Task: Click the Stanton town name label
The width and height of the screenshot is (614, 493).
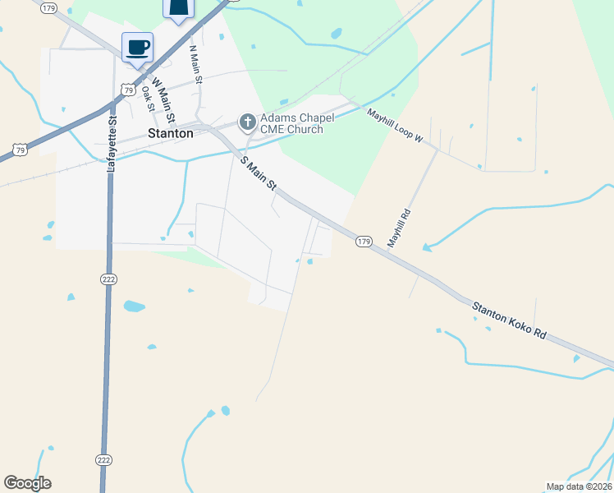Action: (171, 133)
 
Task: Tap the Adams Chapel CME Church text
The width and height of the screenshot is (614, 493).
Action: (293, 123)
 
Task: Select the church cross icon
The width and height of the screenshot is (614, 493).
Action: (247, 123)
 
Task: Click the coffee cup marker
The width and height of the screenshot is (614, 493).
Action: (137, 46)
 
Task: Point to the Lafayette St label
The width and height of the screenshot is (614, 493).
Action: (113, 142)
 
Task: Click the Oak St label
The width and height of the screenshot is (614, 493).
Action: (148, 98)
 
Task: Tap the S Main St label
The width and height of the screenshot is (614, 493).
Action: (259, 174)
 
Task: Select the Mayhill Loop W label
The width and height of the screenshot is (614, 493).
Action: (394, 126)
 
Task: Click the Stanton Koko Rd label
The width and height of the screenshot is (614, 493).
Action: (509, 320)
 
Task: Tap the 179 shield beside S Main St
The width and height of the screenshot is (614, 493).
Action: (364, 242)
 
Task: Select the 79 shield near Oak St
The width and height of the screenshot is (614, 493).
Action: (127, 89)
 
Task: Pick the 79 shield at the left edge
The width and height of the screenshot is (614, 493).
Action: (20, 149)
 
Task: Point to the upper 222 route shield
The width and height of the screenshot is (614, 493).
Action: (108, 279)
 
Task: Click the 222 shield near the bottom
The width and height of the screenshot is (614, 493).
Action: (103, 460)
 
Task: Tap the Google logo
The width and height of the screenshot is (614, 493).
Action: (27, 483)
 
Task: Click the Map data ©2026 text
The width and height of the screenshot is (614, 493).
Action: (579, 486)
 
